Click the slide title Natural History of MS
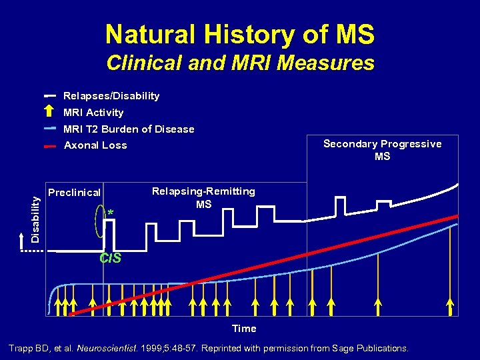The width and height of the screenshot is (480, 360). [x=240, y=34]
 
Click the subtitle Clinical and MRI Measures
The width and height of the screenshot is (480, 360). [x=240, y=63]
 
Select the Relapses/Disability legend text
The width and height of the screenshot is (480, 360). [x=111, y=96]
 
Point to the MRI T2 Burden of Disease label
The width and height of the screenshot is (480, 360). [x=129, y=129]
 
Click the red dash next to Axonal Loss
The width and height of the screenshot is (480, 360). [x=50, y=145]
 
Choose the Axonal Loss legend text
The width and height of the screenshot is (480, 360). [x=95, y=145]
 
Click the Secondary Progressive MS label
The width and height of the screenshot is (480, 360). [x=382, y=150]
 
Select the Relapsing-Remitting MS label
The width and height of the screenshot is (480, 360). [x=203, y=197]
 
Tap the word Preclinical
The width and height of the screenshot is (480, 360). [x=74, y=193]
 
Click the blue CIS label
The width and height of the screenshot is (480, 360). [x=110, y=259]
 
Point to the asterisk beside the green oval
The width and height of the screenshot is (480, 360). [x=111, y=213]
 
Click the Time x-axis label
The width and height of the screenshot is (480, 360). [x=244, y=328]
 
